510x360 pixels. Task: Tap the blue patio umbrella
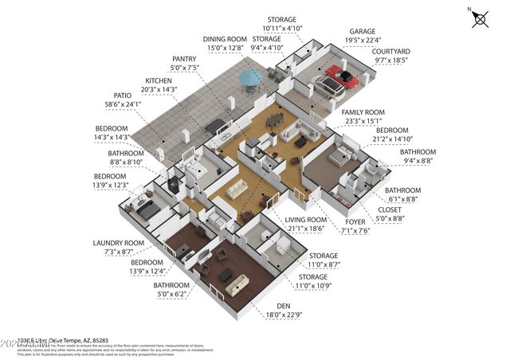pos(250,77)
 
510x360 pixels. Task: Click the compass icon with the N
pos(480,18)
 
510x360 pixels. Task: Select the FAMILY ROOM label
pos(363,112)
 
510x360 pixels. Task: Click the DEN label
pos(284,306)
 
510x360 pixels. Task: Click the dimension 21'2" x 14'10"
pos(393,139)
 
